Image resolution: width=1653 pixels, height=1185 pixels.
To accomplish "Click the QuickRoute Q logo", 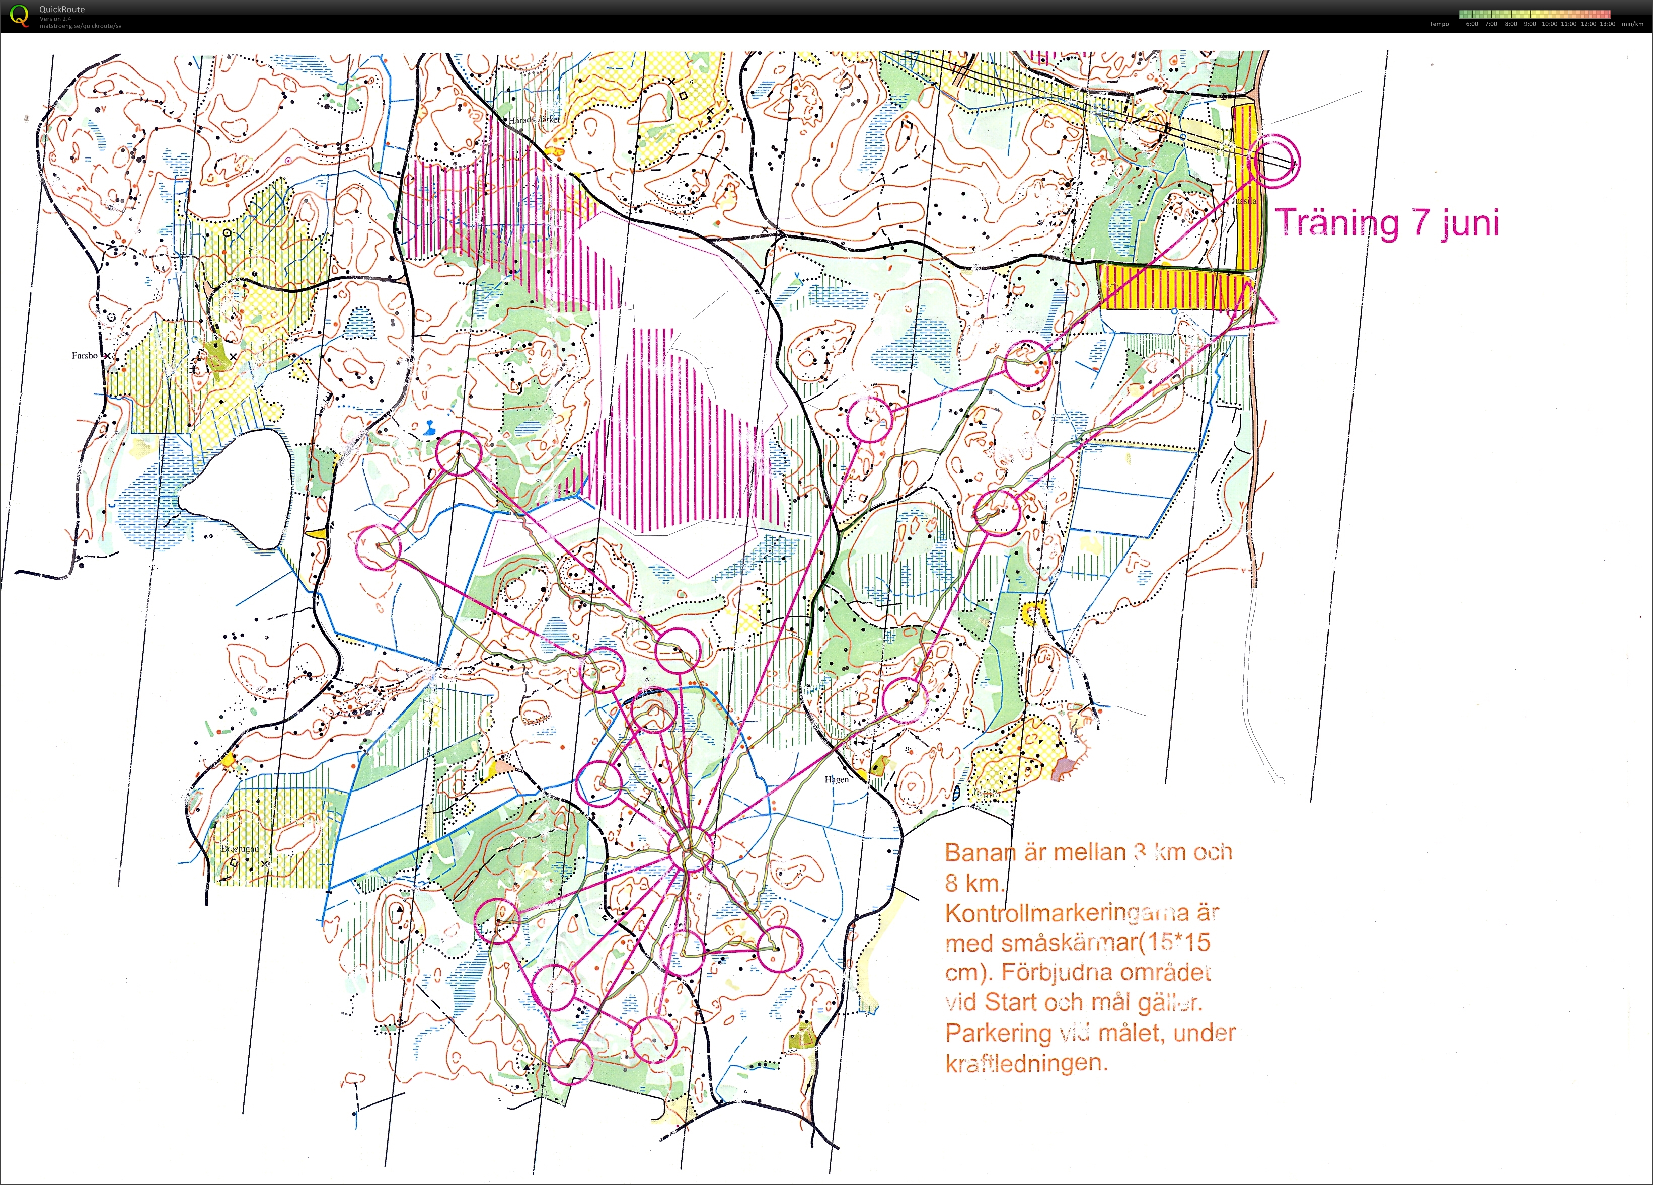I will coord(18,15).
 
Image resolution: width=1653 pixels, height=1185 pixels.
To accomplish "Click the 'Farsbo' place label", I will coord(85,356).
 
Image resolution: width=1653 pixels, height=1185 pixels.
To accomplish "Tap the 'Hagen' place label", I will coord(837,780).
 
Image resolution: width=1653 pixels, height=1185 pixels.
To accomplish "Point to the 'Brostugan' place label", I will coord(239,849).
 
